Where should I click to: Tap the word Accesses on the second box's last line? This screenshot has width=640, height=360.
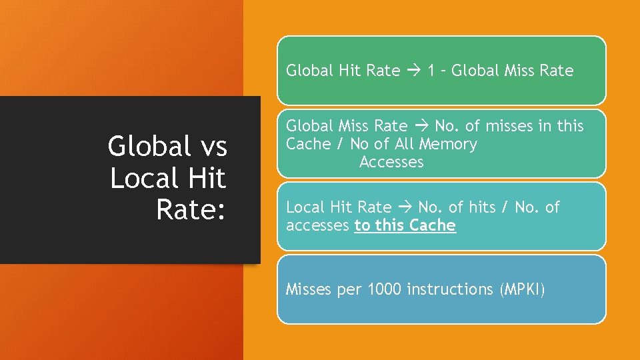(391, 162)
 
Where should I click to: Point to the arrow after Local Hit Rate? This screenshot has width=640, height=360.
(405, 207)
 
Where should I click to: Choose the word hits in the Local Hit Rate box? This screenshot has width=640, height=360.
(481, 207)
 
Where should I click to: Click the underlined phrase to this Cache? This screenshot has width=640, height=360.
(405, 225)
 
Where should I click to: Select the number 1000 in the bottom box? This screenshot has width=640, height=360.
(385, 289)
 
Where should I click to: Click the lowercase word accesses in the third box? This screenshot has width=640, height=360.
(317, 225)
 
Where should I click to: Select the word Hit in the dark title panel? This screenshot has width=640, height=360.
(206, 179)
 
